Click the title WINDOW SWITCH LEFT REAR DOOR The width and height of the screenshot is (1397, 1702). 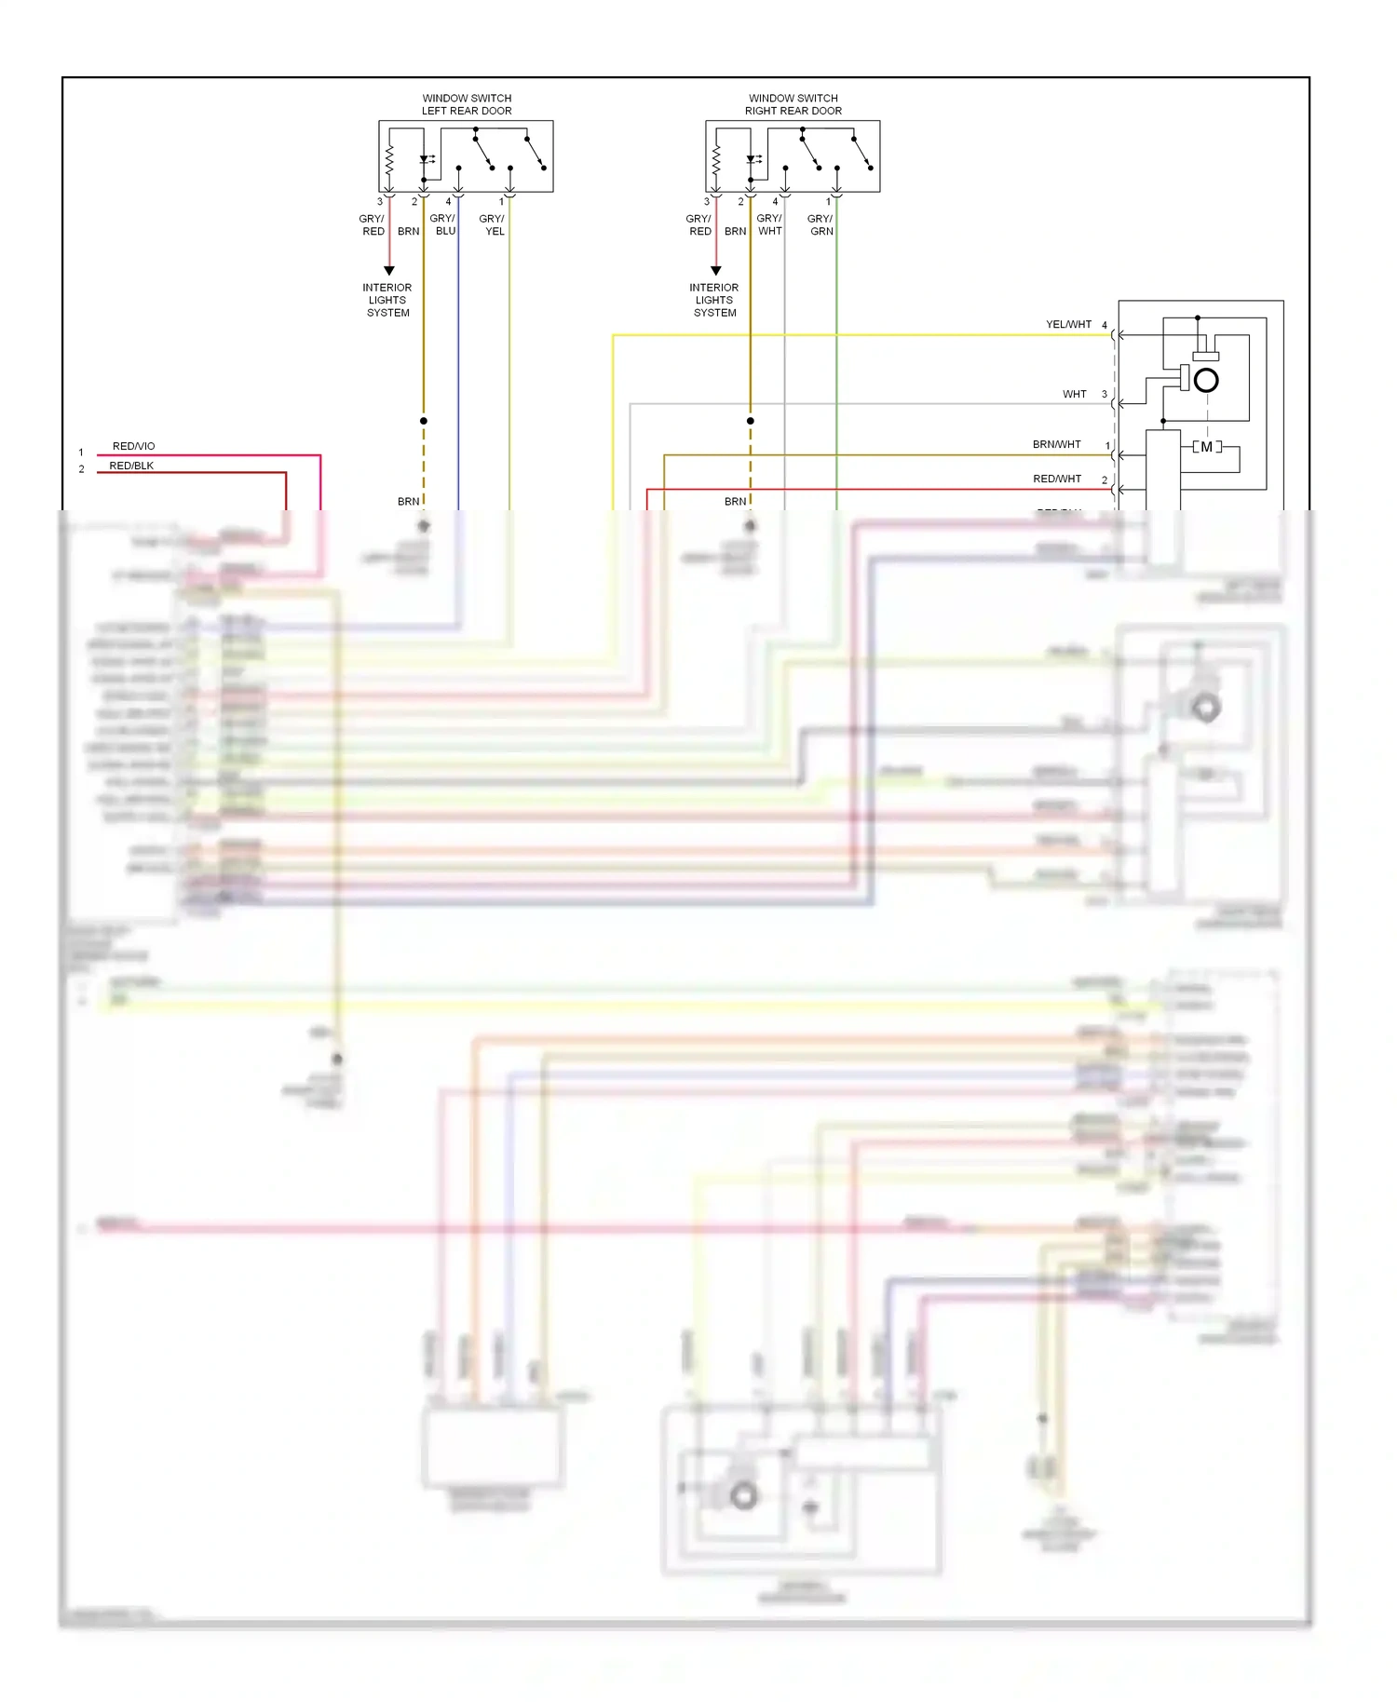[x=467, y=104]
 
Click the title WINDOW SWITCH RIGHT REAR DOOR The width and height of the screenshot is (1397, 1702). [x=793, y=104]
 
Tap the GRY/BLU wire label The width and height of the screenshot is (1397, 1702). [x=443, y=224]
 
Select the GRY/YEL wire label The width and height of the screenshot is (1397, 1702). [x=493, y=224]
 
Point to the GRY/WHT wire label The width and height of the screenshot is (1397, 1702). [x=769, y=224]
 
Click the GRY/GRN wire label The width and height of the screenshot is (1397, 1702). [x=821, y=224]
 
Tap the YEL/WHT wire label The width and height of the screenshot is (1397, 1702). [x=1068, y=324]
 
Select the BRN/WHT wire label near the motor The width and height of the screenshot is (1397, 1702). [x=1056, y=444]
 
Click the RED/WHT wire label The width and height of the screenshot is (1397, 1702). [x=1057, y=479]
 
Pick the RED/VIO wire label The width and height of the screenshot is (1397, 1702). [x=134, y=446]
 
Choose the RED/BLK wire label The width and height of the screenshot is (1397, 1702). [x=131, y=466]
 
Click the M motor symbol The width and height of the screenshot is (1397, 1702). [x=1207, y=447]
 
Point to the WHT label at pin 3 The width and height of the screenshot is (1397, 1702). [x=1075, y=394]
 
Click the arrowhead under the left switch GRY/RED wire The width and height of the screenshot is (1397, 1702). [x=389, y=271]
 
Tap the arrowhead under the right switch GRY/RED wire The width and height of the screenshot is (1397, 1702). [x=716, y=271]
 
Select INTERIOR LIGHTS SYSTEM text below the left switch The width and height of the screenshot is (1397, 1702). [x=387, y=300]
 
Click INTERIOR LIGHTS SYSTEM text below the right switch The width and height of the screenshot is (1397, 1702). [x=714, y=300]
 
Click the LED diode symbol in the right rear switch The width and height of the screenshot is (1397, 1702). [x=751, y=159]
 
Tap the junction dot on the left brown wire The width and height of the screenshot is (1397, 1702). [x=424, y=421]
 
